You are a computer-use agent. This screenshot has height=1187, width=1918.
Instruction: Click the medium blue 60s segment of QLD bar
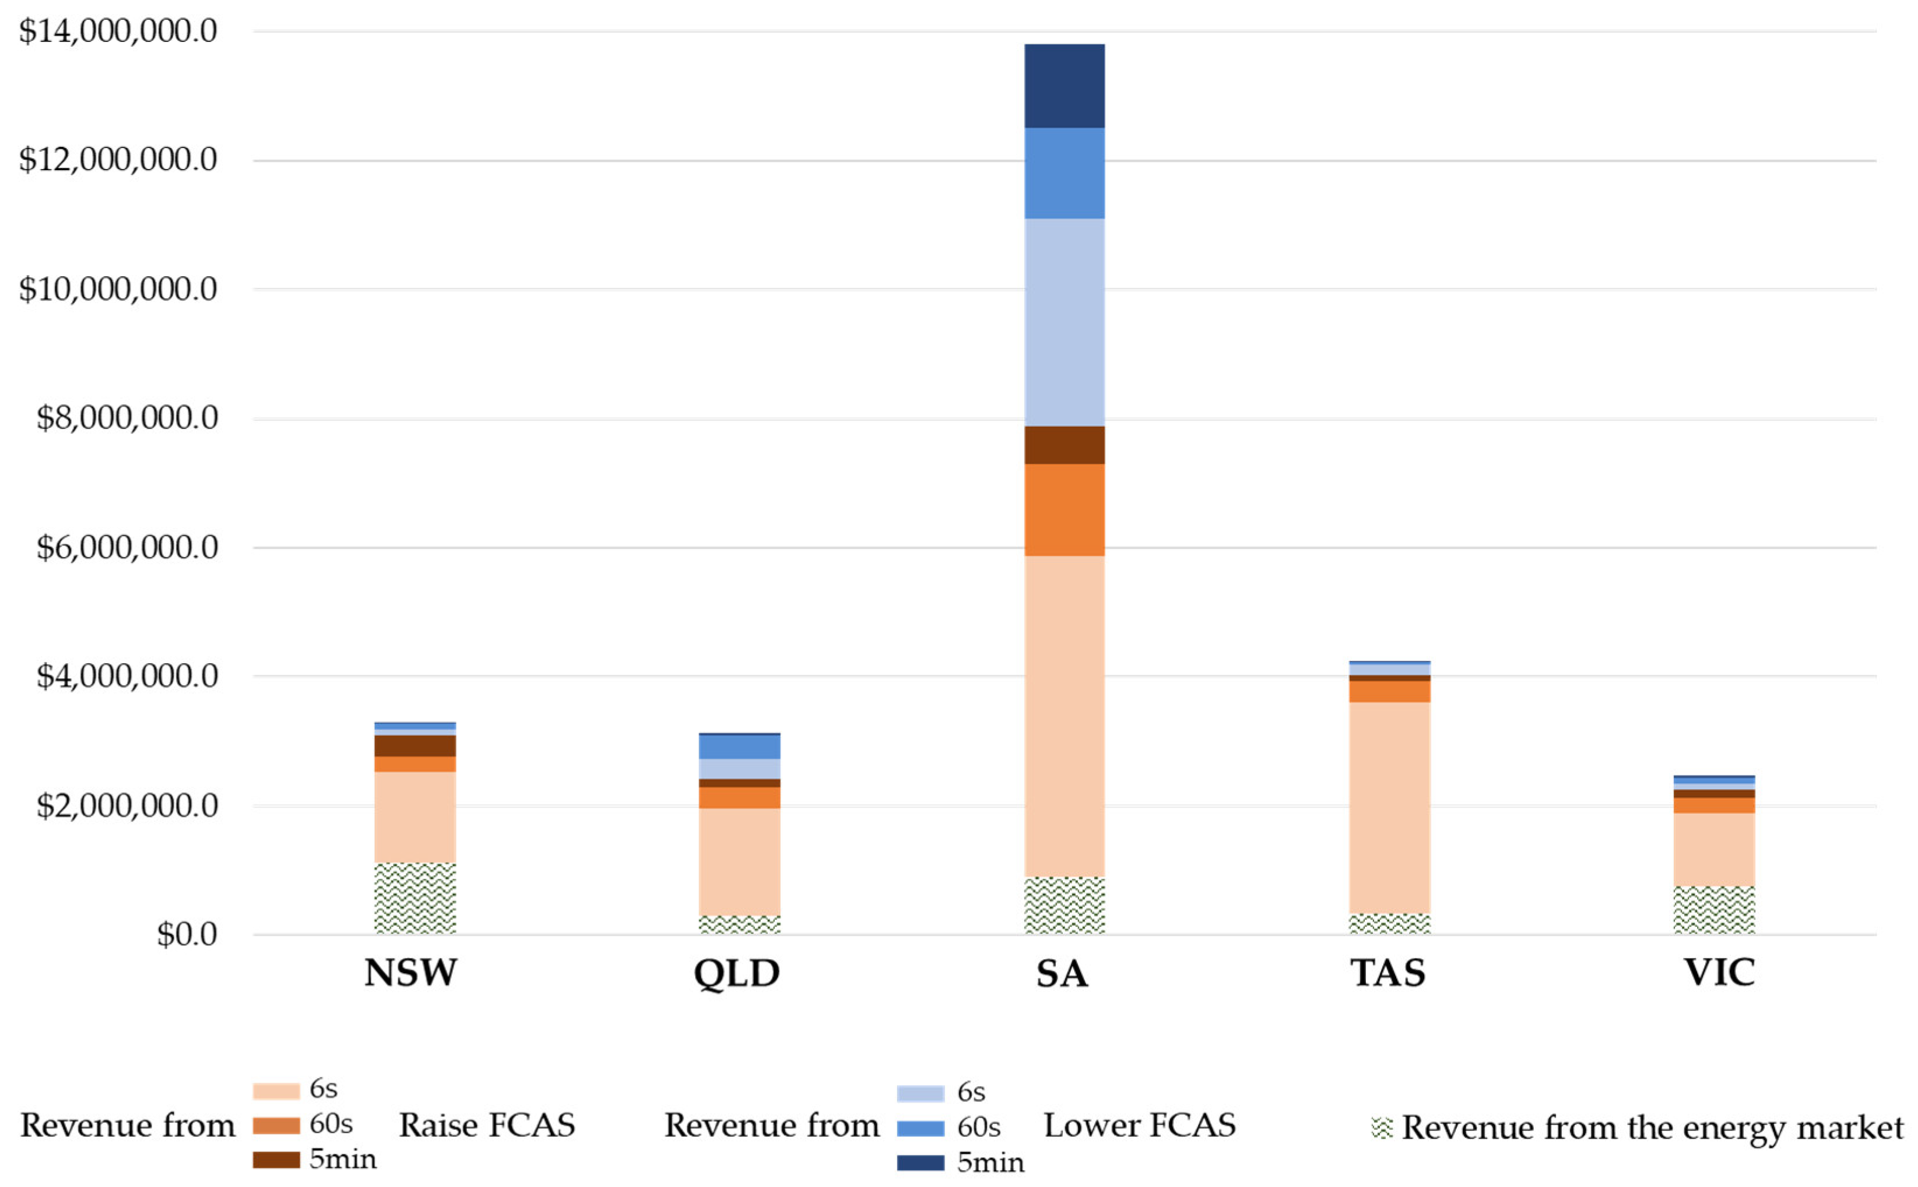point(739,746)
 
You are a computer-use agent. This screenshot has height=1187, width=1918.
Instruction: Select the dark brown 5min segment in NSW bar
point(414,746)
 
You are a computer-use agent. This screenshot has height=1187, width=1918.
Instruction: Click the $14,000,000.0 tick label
point(118,31)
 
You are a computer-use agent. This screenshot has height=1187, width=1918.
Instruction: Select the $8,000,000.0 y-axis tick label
point(127,418)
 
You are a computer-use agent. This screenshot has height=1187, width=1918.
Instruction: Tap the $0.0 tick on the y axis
point(187,934)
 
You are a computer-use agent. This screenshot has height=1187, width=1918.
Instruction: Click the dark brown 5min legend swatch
point(276,1160)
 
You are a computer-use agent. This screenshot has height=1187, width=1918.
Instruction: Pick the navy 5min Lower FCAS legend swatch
point(920,1163)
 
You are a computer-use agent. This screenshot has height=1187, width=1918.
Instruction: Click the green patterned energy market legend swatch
point(1382,1128)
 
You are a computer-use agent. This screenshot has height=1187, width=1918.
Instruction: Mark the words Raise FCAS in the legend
point(487,1125)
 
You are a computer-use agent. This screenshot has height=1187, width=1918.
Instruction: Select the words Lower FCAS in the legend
point(1139,1125)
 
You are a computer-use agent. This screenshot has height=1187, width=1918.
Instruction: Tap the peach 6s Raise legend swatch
point(276,1090)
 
